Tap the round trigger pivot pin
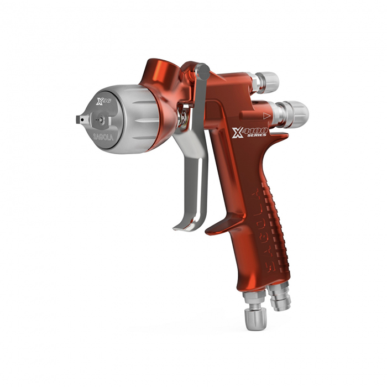click(203, 71)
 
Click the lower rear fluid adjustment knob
click(294, 113)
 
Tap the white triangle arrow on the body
click(267, 116)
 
